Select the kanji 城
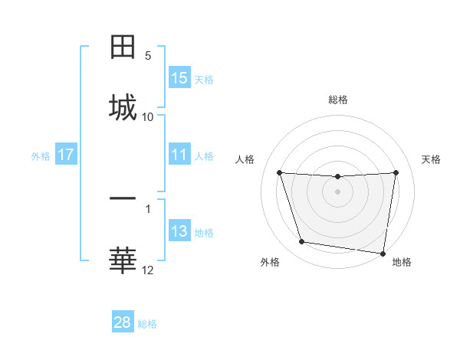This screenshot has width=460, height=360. tap(123, 106)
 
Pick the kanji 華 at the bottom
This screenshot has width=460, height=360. tap(123, 260)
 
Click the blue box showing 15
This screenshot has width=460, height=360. tap(179, 78)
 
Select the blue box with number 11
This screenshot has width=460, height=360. tap(179, 155)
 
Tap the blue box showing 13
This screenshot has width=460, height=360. tap(179, 231)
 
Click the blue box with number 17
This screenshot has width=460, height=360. tap(66, 155)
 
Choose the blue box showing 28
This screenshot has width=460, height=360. tap(123, 322)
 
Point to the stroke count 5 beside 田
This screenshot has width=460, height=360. tap(148, 56)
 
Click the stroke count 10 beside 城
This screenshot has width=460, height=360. tap(148, 116)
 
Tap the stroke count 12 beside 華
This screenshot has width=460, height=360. tap(148, 270)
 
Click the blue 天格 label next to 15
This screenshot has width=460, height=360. tap(203, 79)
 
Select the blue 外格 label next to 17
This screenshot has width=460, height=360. tap(41, 155)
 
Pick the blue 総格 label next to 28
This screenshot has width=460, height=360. tap(147, 324)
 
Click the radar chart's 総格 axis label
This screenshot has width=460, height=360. tap(338, 100)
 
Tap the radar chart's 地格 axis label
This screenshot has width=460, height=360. tap(402, 262)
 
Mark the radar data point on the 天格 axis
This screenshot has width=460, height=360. tap(396, 172)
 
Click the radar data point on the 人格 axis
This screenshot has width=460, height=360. tap(280, 172)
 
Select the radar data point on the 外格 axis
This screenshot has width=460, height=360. tap(302, 242)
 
